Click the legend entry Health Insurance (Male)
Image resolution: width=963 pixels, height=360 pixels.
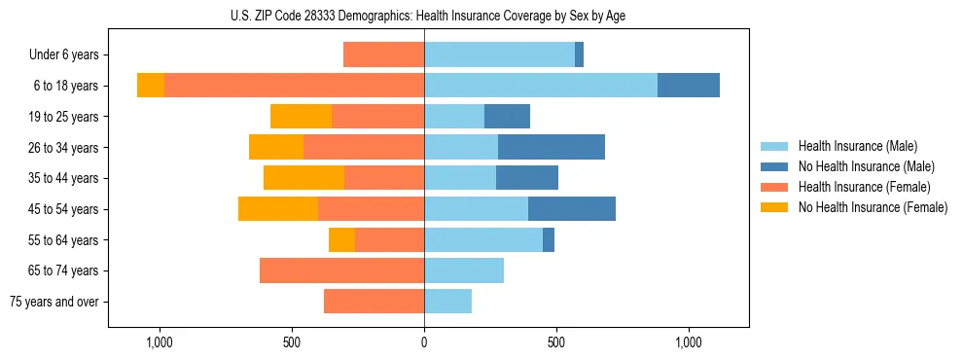coord(857,146)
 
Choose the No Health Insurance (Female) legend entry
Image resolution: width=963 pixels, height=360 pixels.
coord(873,207)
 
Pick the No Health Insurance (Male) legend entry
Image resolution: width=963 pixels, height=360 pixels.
coord(866,166)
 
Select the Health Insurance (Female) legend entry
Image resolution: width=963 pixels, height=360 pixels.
coord(864,187)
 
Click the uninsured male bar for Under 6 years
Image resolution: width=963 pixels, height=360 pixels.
coord(579,54)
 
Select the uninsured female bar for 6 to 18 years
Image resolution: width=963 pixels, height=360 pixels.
coord(151,86)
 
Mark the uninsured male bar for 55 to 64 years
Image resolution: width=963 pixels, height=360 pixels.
coord(549,239)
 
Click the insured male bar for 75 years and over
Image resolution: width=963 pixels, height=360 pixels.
coord(447,302)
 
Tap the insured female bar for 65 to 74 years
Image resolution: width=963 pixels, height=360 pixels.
coord(341,270)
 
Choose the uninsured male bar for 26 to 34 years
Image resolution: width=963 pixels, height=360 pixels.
coord(552,147)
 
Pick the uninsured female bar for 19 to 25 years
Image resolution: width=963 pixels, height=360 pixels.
coord(301,116)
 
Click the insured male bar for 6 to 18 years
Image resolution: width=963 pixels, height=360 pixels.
coord(541,86)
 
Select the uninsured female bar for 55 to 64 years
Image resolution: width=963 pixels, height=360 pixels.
coord(341,239)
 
